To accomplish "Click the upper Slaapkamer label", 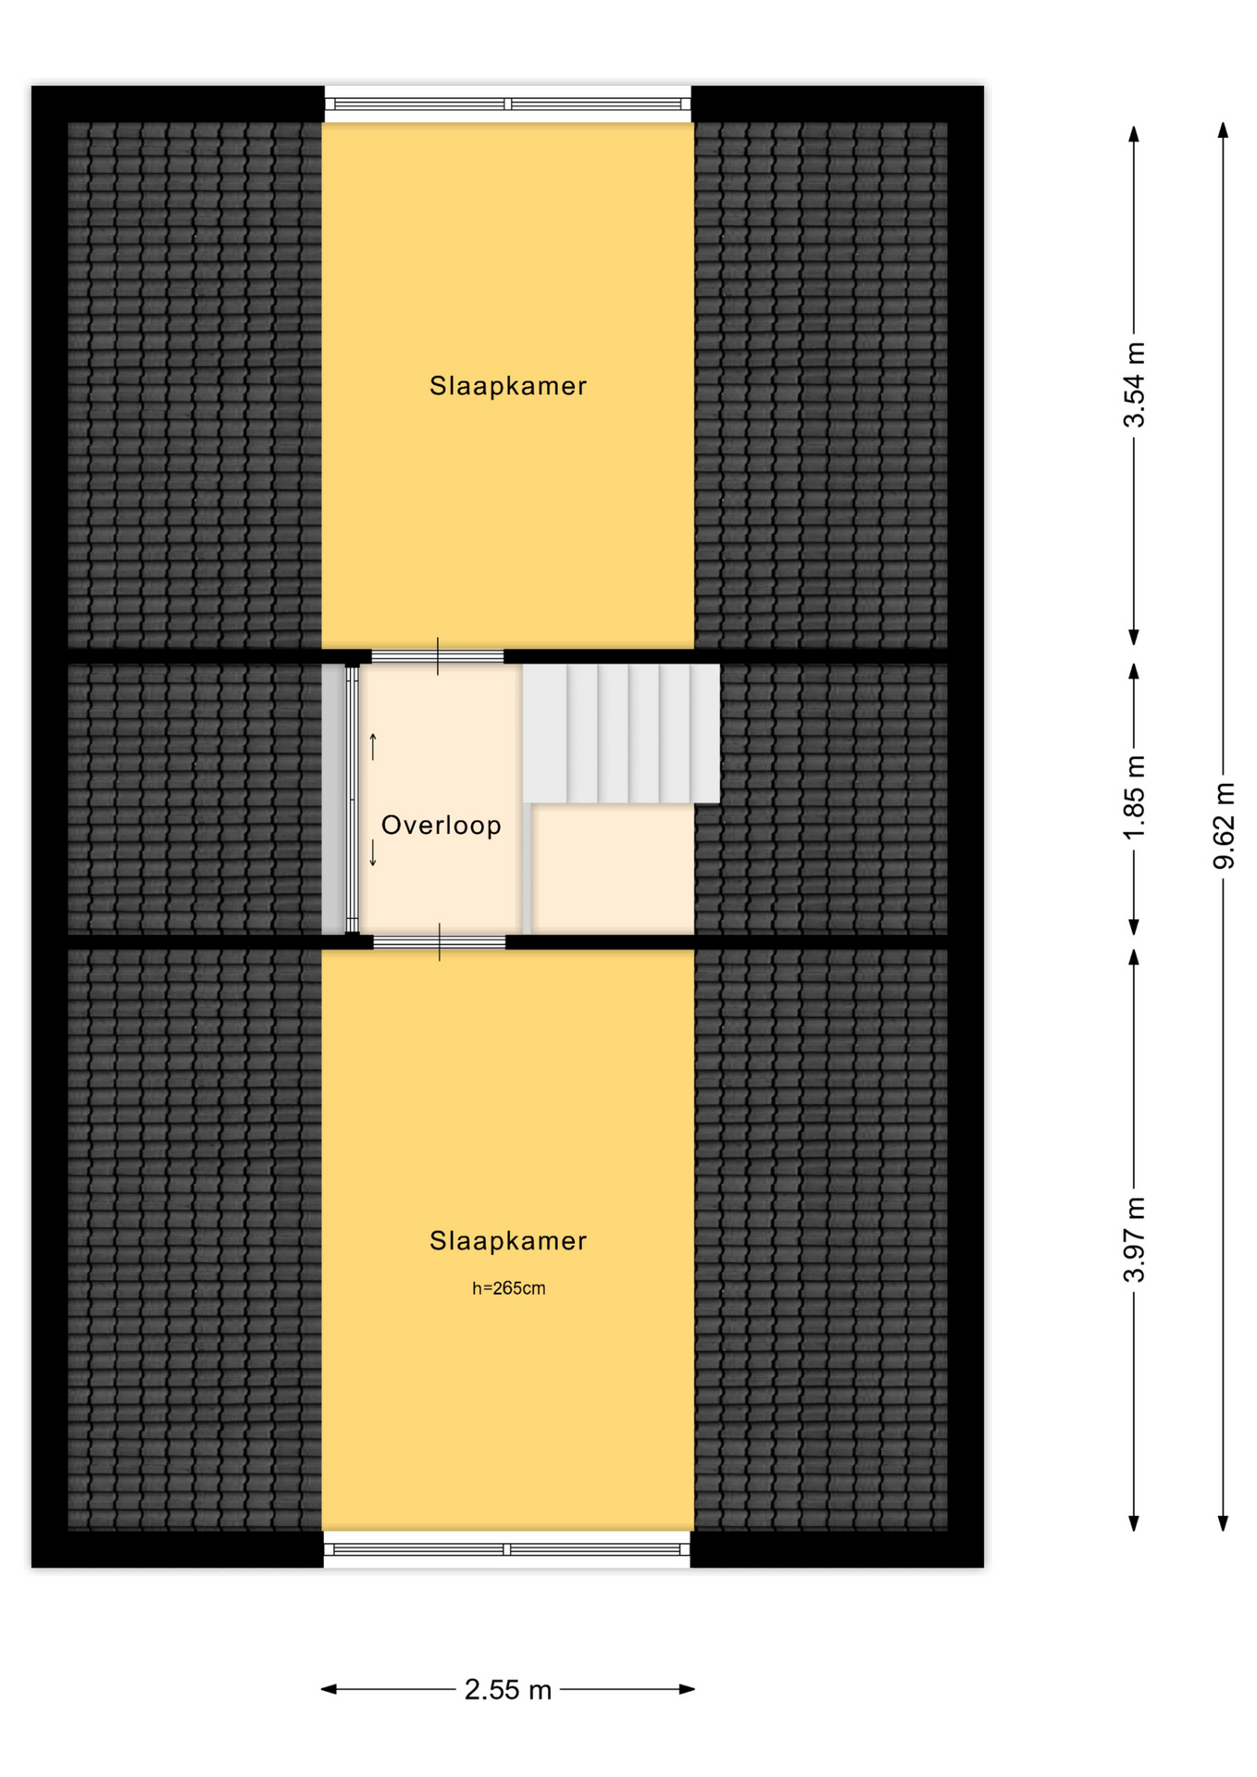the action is point(507,386).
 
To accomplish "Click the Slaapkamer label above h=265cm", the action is point(507,1241).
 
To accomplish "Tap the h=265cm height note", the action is point(508,1288).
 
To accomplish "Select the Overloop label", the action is point(441,825).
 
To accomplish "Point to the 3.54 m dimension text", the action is point(1134,385).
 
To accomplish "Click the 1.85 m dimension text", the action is point(1134,798).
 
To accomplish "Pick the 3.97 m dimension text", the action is point(1134,1240).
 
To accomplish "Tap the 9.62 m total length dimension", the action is point(1224,826).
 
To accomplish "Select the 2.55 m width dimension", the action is point(507,1690).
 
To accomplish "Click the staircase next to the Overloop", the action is point(621,733).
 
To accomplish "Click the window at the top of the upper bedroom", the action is point(507,105).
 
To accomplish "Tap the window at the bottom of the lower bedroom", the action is point(507,1549).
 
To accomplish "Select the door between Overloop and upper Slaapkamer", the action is point(438,656).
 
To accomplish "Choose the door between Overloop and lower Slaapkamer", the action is point(440,942).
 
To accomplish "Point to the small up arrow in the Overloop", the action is point(373,746).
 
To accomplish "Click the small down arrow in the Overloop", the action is point(373,852).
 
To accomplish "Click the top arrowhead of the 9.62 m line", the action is point(1223,130).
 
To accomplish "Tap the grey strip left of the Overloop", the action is point(333,799).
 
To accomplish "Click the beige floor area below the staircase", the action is point(613,869).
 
